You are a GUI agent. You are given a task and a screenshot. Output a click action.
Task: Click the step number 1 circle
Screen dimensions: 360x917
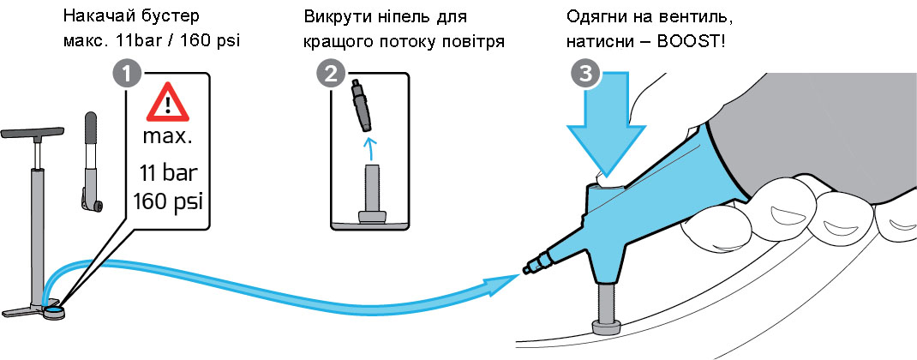pyautogui.click(x=127, y=75)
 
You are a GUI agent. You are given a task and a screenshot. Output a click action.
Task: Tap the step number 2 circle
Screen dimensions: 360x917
pyautogui.click(x=329, y=75)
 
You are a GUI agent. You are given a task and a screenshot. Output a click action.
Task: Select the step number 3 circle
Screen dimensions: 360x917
pyautogui.click(x=584, y=75)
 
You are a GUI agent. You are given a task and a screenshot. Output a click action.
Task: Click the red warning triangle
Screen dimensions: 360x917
pyautogui.click(x=168, y=105)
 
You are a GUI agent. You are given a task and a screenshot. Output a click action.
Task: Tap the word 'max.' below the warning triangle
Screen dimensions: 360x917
pyautogui.click(x=168, y=137)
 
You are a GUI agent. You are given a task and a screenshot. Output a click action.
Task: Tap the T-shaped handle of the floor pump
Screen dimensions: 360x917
pyautogui.click(x=34, y=133)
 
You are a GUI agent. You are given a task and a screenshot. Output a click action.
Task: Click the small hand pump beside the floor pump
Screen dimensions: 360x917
pyautogui.click(x=90, y=163)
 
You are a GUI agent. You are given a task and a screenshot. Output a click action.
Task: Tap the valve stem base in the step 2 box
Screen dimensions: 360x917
pyautogui.click(x=371, y=214)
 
